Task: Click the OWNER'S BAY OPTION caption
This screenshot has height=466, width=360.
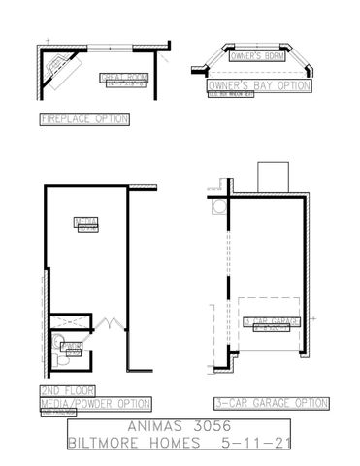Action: pyautogui.click(x=258, y=85)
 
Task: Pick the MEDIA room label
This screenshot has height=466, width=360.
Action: pyautogui.click(x=88, y=223)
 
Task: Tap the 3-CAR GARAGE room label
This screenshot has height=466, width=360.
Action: pyautogui.click(x=271, y=321)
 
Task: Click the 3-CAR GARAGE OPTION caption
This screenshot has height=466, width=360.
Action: pyautogui.click(x=273, y=401)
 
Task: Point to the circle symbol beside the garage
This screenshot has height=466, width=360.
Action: pyautogui.click(x=217, y=208)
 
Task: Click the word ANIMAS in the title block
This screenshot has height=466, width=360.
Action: pyautogui.click(x=153, y=424)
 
